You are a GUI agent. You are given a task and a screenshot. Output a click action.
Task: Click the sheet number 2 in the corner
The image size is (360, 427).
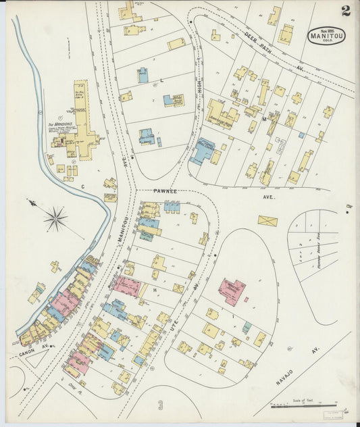pyautogui.click(x=345, y=10)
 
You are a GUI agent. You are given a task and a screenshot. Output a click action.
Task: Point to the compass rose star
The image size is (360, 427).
pyautogui.click(x=55, y=218)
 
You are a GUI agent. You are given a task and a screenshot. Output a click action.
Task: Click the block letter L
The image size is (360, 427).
pyautogui.click(x=161, y=80)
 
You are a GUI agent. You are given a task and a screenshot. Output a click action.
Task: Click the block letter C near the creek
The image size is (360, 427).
pyautogui.click(x=83, y=185)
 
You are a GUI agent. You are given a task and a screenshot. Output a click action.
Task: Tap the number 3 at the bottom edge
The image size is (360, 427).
pyautogui.click(x=160, y=405)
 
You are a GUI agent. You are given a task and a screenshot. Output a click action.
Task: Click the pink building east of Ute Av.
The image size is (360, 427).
pyautogui.click(x=231, y=291)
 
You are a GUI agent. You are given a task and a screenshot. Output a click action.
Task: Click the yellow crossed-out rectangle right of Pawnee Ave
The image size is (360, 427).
pyautogui.click(x=267, y=221)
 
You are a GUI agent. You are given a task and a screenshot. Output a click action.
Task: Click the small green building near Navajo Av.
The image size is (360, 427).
pyautogui.click(x=247, y=328)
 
